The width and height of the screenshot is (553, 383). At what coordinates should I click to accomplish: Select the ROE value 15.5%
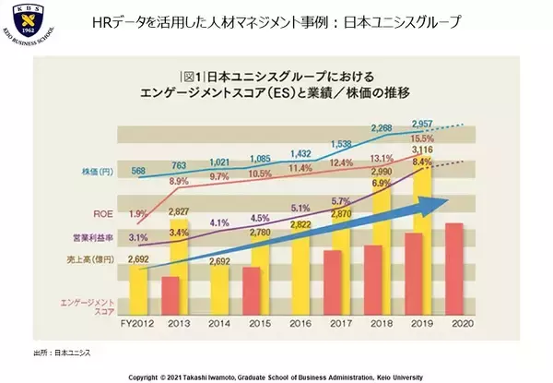(425, 137)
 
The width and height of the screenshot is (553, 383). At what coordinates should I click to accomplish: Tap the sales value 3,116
(425, 150)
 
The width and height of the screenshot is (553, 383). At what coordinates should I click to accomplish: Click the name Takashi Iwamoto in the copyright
(205, 377)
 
